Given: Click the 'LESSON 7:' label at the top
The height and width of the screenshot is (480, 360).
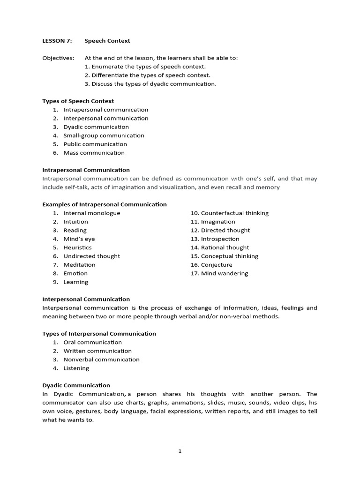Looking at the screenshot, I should (57, 41).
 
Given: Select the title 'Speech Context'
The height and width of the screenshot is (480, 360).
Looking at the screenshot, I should (107, 41).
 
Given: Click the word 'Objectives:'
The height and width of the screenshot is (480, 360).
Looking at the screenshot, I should (58, 58).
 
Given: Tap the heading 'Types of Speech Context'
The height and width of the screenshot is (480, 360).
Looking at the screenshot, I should (78, 101).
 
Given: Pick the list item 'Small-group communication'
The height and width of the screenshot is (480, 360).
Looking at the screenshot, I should (104, 135).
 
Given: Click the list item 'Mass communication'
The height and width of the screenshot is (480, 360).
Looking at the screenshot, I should (94, 153).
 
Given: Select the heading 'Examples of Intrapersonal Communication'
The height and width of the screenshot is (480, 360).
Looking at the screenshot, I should (104, 204).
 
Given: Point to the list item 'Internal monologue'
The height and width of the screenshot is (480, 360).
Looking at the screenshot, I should (91, 213).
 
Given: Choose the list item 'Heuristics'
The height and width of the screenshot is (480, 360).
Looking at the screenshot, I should (77, 247).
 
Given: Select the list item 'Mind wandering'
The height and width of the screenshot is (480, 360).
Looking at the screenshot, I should (224, 273).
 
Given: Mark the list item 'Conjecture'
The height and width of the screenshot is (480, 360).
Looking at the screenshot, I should (216, 265).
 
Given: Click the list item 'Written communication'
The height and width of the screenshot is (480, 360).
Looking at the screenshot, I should (97, 351).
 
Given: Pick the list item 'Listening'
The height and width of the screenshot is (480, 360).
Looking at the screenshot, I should (76, 368).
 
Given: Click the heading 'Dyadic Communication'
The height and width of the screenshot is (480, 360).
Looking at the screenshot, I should (76, 385).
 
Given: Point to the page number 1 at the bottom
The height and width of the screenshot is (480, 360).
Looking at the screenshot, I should (180, 451).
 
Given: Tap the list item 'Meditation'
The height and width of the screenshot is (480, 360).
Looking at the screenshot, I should (79, 265).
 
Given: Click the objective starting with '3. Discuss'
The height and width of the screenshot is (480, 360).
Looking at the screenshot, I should (150, 84).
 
